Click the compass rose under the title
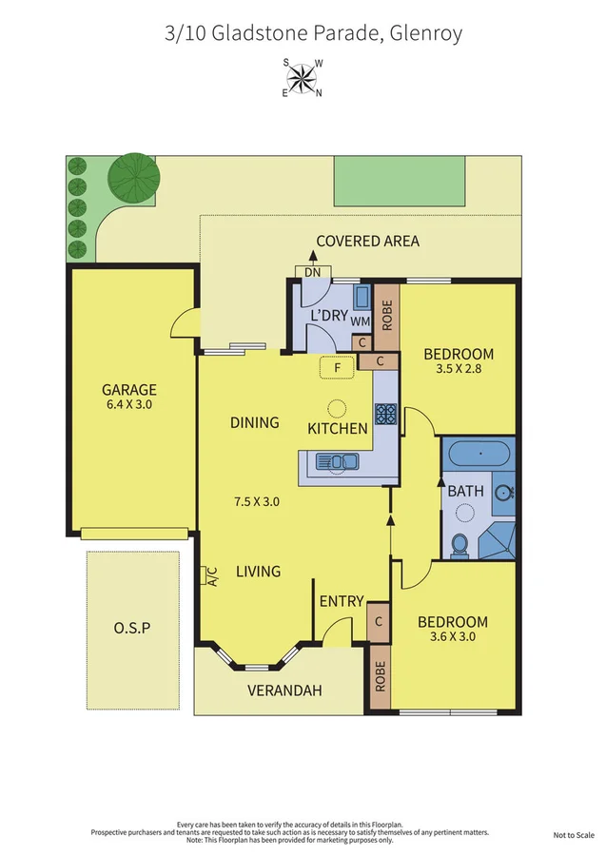pyautogui.click(x=303, y=78)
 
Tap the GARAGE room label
pyautogui.click(x=129, y=389)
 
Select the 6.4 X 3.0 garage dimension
pyautogui.click(x=129, y=404)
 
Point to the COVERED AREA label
pyautogui.click(x=367, y=241)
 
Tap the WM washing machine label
pyautogui.click(x=360, y=321)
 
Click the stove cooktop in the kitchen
pyautogui.click(x=385, y=414)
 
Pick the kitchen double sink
pyautogui.click(x=338, y=462)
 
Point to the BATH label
pyautogui.click(x=466, y=492)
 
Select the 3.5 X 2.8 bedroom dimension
pyautogui.click(x=459, y=371)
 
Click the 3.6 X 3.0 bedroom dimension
pyautogui.click(x=453, y=637)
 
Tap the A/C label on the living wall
pyautogui.click(x=211, y=575)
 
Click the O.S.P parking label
pyautogui.click(x=132, y=628)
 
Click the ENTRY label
pyautogui.click(x=342, y=600)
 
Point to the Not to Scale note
pyautogui.click(x=574, y=835)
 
